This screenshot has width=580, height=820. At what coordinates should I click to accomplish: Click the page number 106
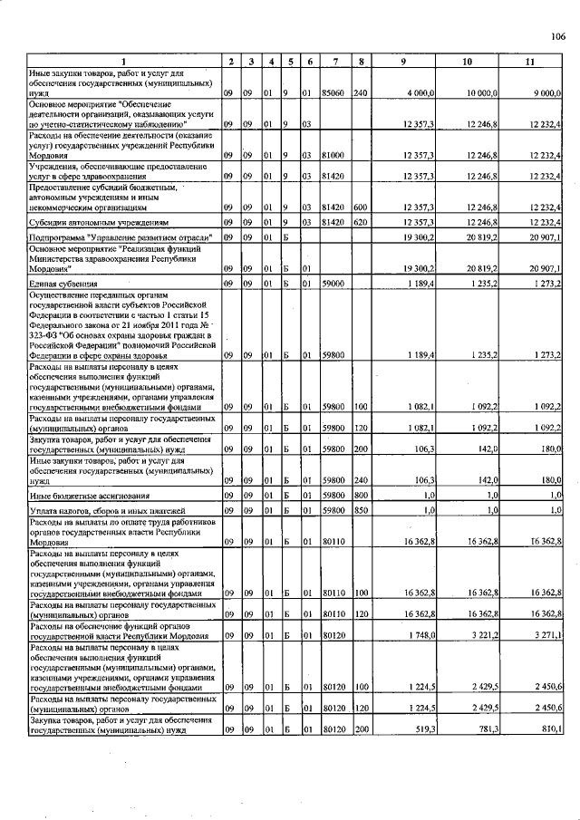point(556,36)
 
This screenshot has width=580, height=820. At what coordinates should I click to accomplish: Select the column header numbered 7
point(335,61)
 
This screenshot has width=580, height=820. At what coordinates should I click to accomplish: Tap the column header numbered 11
point(530,61)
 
